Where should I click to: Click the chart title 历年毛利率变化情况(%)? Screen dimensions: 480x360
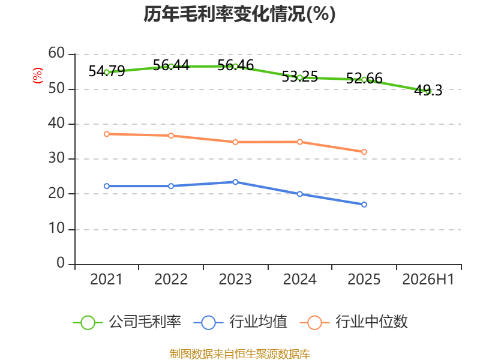pos(239,14)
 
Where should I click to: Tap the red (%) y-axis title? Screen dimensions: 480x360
pos(38,76)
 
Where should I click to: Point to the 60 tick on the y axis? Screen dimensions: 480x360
pos(56,53)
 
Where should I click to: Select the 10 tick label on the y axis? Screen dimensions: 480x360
pos(56,228)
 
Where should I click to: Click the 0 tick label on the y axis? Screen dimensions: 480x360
pos(61,263)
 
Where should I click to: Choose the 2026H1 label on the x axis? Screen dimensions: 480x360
pos(428,279)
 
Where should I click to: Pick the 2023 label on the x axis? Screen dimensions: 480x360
pos(235,279)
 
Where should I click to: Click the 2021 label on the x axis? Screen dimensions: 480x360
pos(106,279)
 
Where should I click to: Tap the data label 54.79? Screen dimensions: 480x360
pos(107,71)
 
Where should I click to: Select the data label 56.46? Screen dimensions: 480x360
pos(235,65)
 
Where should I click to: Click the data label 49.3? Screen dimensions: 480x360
pos(428,91)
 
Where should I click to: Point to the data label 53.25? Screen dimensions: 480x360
pos(299,77)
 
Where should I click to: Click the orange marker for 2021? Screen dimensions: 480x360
pos(107,134)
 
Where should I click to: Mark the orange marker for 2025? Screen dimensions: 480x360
pos(364,152)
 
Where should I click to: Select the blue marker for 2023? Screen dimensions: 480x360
pos(235,182)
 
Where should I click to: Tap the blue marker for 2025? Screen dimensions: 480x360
pos(364,205)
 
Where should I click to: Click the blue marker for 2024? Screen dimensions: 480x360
pos(299,194)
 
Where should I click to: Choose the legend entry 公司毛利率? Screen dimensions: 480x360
pos(127,322)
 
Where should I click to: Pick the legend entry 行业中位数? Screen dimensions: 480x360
pos(353,322)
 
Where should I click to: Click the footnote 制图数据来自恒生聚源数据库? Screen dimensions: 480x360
pos(239,354)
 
